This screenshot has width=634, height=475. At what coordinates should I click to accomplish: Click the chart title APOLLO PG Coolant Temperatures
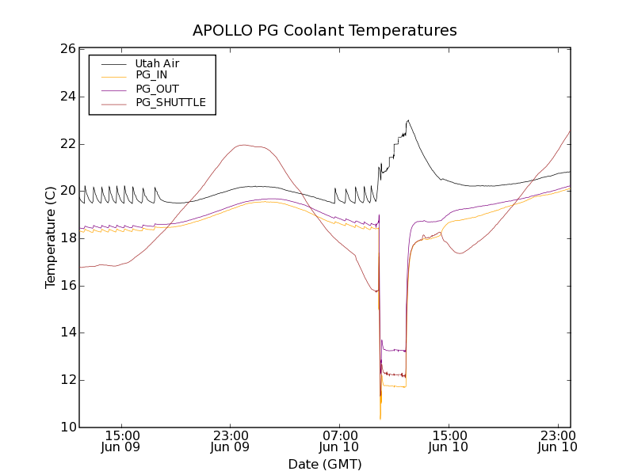coord(325,31)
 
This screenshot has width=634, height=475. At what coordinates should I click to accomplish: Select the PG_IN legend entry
coord(151,75)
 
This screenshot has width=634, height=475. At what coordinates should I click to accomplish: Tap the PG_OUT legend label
coord(157,89)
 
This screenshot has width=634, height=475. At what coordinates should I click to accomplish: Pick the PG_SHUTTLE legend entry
coord(170,102)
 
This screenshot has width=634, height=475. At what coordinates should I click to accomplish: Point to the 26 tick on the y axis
coord(67,49)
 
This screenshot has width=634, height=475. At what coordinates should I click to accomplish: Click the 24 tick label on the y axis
coord(67,97)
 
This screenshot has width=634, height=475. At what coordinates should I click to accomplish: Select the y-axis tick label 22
coord(67,144)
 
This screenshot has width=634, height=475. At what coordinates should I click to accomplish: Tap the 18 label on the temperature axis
coord(67,238)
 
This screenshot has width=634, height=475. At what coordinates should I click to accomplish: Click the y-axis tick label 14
coord(67,332)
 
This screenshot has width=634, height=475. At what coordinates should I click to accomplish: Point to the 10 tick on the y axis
coord(67,427)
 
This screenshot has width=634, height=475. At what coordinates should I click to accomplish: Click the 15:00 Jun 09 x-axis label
coord(122,441)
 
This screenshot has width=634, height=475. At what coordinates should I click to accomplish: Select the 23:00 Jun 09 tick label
coord(231,441)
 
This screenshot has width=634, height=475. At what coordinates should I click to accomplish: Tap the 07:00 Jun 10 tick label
coord(339,441)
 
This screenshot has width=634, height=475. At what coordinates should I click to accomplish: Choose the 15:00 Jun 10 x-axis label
coord(448,441)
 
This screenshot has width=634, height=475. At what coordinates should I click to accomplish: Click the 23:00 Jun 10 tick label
coord(556,441)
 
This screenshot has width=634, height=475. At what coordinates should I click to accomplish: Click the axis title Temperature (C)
coord(51,237)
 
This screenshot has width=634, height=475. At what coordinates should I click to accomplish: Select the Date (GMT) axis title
coord(325,464)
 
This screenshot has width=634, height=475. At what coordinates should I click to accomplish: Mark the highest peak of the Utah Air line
coord(408,120)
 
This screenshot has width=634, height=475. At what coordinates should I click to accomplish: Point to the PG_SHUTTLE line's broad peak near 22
coord(243,145)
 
